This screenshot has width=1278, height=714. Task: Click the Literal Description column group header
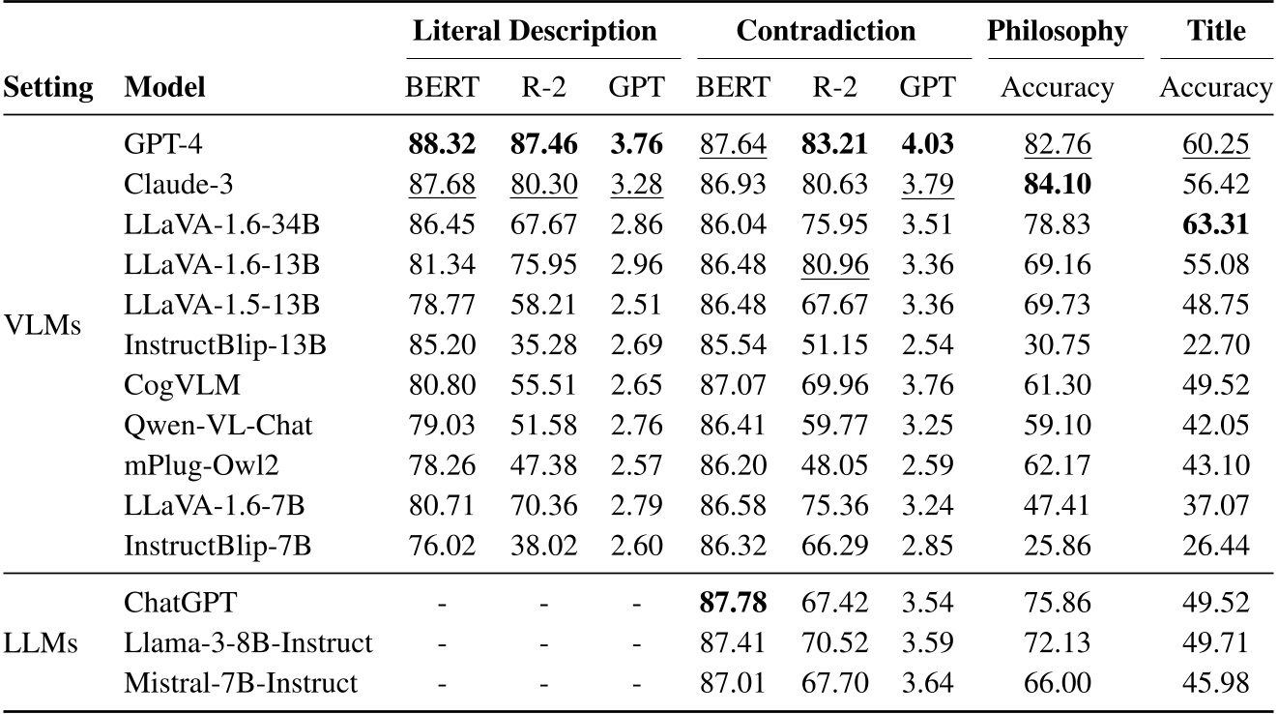pos(535,31)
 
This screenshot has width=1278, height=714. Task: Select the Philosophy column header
pos(1057,31)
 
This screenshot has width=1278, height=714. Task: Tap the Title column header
pos(1216,31)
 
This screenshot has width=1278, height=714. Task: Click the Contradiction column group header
pos(826,31)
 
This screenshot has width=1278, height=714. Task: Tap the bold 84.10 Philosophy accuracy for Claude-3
pos(1057,185)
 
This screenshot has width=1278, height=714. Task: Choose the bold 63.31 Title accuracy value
pos(1216,224)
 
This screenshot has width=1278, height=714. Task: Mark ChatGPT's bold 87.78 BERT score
pos(733,604)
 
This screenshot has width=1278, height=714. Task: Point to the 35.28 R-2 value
pos(544,343)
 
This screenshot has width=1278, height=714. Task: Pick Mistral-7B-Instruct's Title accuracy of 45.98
pos(1216,683)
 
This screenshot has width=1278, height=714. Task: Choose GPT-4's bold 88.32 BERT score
pos(442,145)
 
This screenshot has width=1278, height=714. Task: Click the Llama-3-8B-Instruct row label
pos(247,643)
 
